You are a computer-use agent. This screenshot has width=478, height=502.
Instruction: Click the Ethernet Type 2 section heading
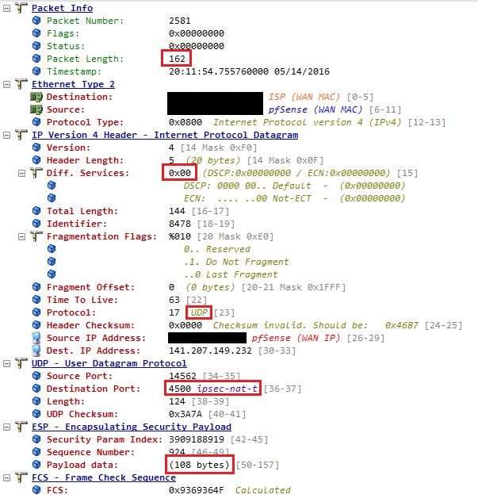(x=73, y=84)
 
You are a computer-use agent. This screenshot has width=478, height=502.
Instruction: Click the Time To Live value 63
(x=175, y=300)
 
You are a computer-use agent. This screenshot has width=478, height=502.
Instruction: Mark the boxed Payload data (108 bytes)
(x=198, y=464)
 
